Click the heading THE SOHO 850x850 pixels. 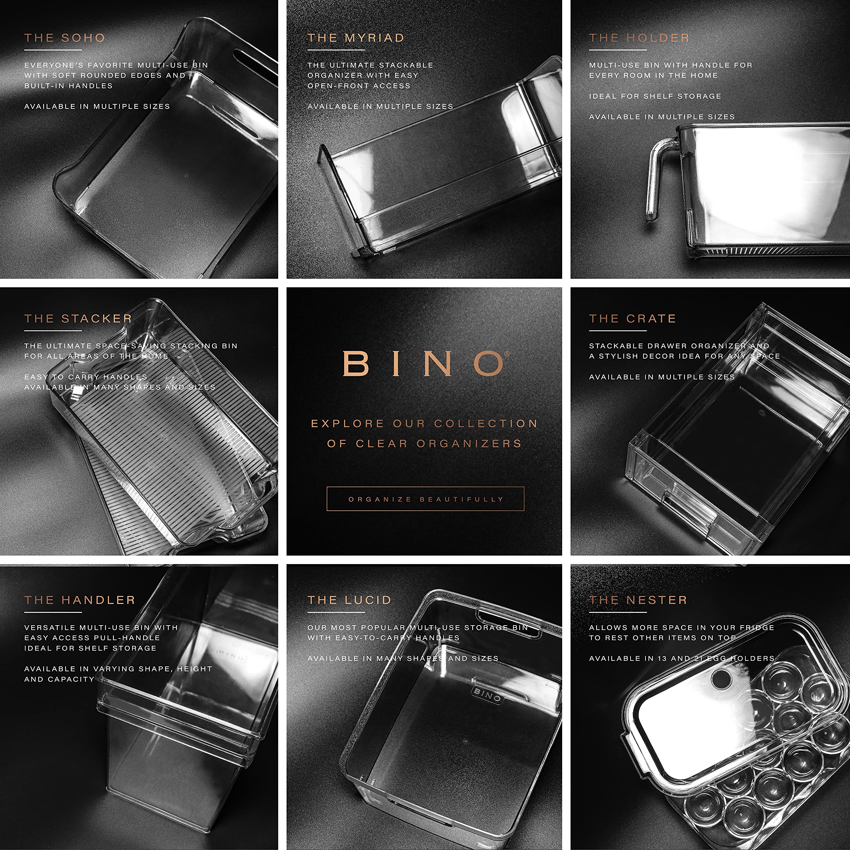(65, 38)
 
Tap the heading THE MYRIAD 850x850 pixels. (356, 38)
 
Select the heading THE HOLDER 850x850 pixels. (639, 38)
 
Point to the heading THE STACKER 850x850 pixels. (78, 318)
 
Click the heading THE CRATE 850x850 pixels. (632, 318)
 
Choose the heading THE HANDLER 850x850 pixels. (80, 600)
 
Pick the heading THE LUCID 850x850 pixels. (349, 600)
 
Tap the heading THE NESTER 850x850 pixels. (638, 600)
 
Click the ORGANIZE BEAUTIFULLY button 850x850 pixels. (425, 499)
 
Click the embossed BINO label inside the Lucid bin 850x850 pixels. (487, 695)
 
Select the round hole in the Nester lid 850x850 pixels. (720, 679)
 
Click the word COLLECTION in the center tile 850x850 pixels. (486, 424)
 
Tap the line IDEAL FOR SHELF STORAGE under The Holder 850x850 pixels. (655, 96)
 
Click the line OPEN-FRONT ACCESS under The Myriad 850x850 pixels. (359, 86)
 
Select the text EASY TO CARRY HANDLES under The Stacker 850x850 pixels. (86, 377)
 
